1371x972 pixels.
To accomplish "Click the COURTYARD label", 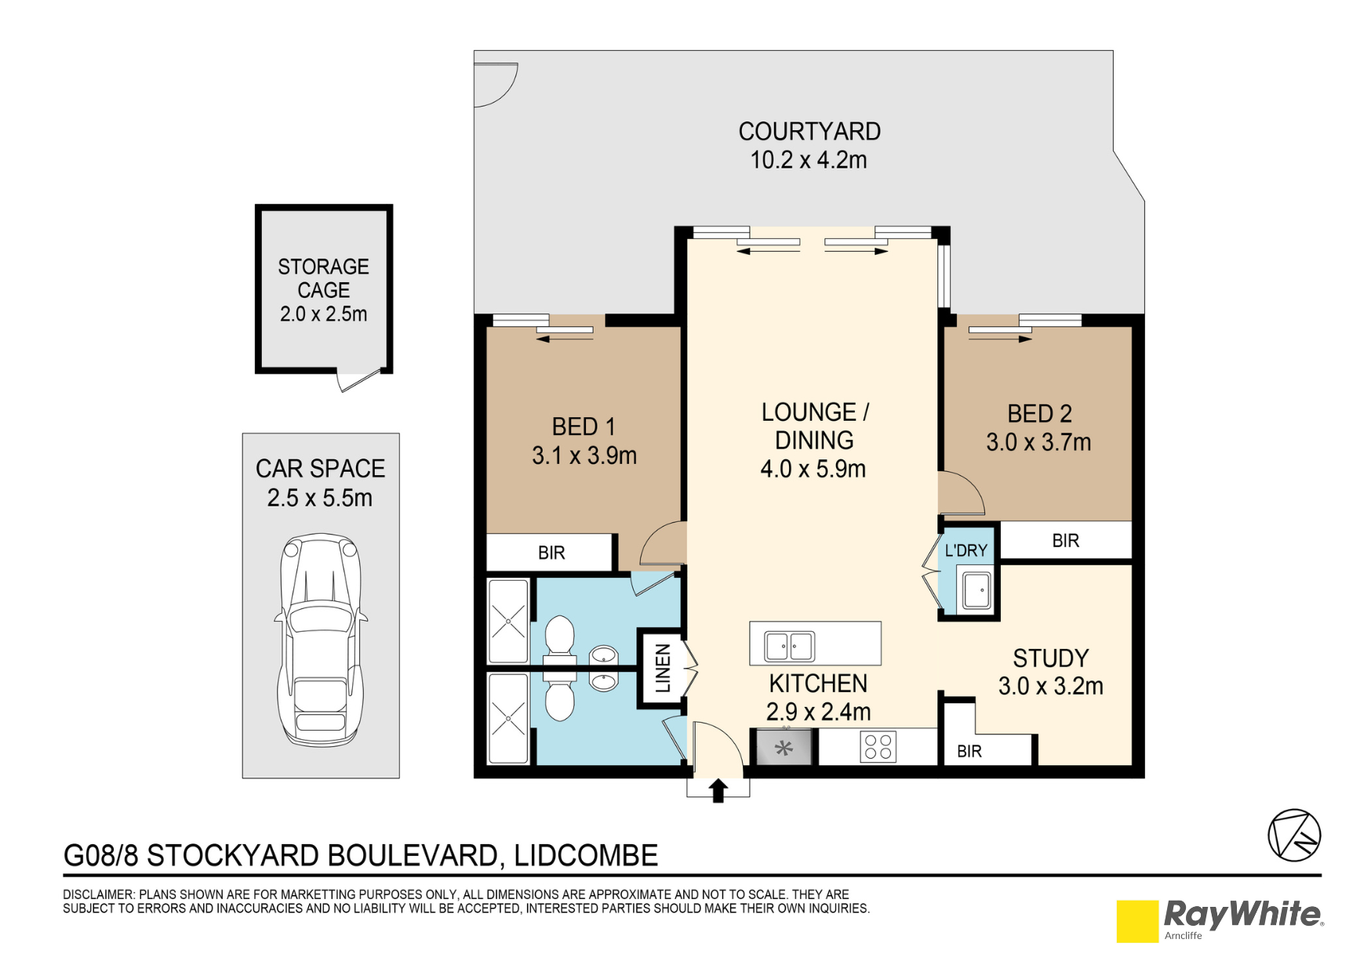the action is [809, 132].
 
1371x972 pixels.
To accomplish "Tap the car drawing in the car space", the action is [321, 640].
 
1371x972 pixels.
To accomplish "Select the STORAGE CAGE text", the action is [323, 278].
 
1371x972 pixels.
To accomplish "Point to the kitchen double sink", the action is [790, 647].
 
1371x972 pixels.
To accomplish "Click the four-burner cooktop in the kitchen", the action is [878, 746].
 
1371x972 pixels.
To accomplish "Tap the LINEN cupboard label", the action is [663, 668].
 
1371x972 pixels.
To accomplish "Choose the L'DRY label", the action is [966, 550].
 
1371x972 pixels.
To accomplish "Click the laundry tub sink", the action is [976, 590].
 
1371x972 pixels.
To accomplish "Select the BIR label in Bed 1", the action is [551, 553].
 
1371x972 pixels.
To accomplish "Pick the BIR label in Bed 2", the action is [1065, 540].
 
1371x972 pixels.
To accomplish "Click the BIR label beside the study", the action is [969, 751].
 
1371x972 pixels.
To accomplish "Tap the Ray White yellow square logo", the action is [1137, 921].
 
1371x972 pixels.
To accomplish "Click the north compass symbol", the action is [1294, 836].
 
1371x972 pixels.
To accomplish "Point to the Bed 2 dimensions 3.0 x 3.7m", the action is [1038, 442].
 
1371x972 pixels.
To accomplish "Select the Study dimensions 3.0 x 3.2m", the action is [1050, 686].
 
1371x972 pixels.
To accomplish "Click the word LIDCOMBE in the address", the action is [586, 855].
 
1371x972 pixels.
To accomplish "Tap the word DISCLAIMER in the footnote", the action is [98, 894].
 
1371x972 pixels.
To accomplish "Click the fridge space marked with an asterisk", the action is [784, 748].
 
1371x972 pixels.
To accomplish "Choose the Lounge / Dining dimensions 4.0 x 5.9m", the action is [813, 469].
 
